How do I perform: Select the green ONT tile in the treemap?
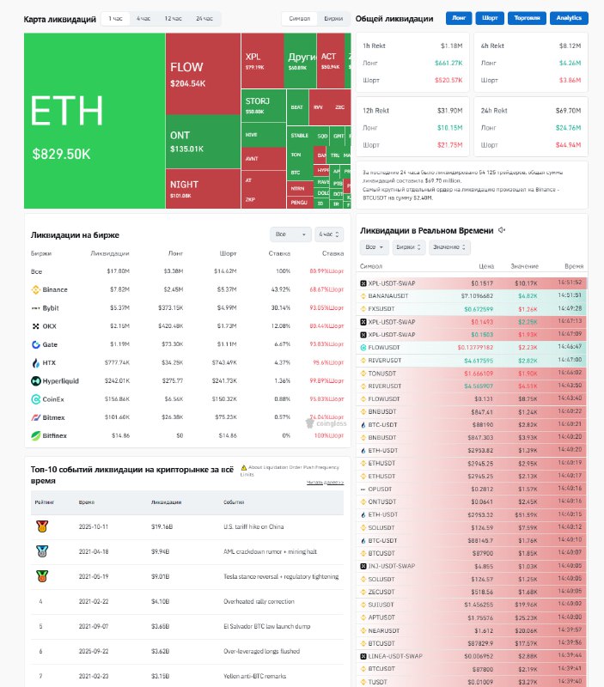[202, 142]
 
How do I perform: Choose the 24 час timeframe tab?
[204, 18]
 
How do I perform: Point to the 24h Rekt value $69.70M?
[569, 111]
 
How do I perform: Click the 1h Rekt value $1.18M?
[451, 45]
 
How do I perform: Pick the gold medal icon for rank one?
[41, 526]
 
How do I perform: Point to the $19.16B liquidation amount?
[162, 526]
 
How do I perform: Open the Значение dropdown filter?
[450, 247]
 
